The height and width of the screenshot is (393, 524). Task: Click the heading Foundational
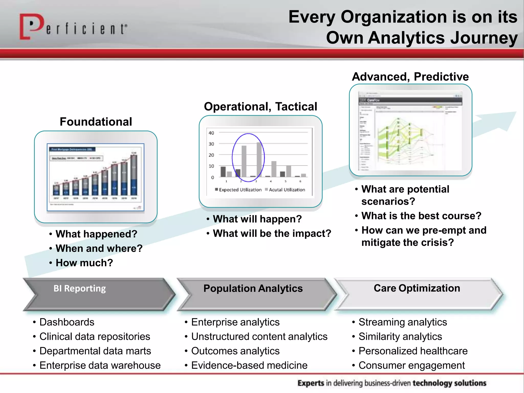(96, 122)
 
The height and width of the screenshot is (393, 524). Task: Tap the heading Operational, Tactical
(260, 106)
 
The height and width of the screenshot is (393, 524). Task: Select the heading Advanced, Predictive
(410, 77)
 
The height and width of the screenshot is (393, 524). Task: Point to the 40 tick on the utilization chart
(211, 133)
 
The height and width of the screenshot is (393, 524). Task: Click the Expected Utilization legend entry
(238, 190)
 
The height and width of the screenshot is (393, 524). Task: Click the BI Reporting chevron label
(80, 289)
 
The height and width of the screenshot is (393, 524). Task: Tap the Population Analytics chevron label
(253, 289)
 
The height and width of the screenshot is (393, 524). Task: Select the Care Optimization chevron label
(417, 288)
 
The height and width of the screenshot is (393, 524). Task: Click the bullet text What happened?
(96, 234)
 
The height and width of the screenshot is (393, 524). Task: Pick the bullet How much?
(84, 263)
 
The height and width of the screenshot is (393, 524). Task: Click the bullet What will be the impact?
(272, 234)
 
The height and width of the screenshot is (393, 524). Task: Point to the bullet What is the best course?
(421, 216)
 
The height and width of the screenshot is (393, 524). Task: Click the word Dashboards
(67, 322)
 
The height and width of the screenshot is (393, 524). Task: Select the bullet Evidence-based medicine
(249, 365)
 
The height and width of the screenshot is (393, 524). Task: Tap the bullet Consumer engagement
(411, 365)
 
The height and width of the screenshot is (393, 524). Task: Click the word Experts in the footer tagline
(311, 383)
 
